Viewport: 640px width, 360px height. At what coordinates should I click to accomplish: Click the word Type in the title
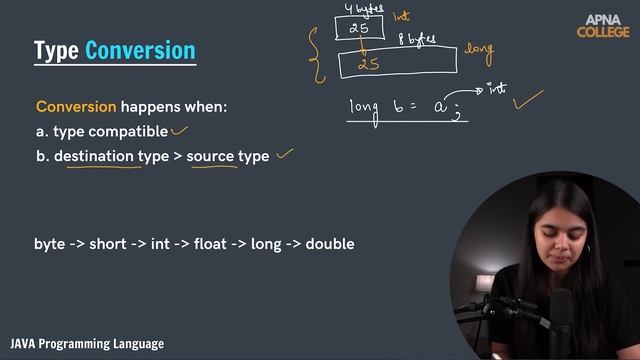(x=56, y=51)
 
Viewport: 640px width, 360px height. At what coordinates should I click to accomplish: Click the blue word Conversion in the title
(x=140, y=51)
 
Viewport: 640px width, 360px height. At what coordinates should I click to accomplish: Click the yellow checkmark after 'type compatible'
(x=180, y=129)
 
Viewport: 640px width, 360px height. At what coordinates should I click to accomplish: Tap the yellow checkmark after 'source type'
(x=286, y=154)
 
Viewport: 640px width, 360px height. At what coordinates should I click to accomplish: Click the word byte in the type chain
(x=50, y=244)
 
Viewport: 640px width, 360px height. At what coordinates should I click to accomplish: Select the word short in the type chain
(x=107, y=244)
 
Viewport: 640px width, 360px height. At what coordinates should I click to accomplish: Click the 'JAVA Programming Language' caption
(x=87, y=344)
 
